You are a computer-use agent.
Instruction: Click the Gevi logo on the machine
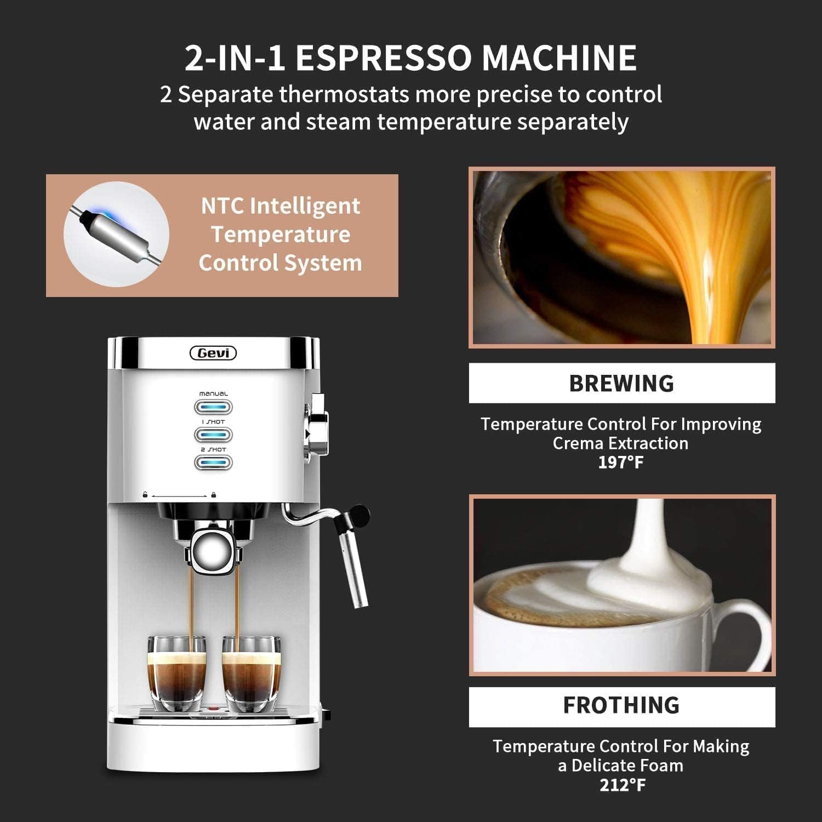pyautogui.click(x=213, y=353)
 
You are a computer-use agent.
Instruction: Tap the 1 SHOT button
pyautogui.click(x=213, y=435)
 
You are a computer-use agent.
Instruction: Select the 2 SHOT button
pyautogui.click(x=213, y=463)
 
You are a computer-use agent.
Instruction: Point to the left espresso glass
pyautogui.click(x=176, y=674)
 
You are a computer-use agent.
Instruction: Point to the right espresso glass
pyautogui.click(x=252, y=674)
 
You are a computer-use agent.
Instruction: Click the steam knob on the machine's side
pyautogui.click(x=317, y=425)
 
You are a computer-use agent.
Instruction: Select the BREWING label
pyautogui.click(x=621, y=383)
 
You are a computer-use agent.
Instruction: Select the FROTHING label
pyautogui.click(x=621, y=705)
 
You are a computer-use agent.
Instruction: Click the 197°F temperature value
pyautogui.click(x=620, y=462)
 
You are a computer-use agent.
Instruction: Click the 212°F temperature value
pyautogui.click(x=622, y=785)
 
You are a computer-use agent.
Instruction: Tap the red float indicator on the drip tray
pyautogui.click(x=214, y=709)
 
